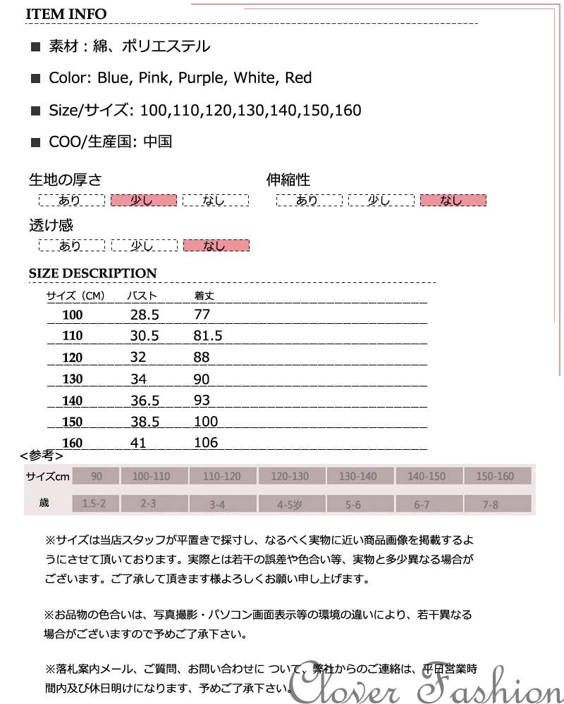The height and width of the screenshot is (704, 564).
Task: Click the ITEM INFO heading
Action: (68, 14)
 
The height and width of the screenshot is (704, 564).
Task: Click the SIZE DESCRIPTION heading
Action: (92, 273)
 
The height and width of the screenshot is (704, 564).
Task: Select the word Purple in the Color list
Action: (199, 78)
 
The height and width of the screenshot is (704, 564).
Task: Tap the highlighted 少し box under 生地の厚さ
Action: (143, 201)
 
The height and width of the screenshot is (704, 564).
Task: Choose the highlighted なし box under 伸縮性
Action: (453, 201)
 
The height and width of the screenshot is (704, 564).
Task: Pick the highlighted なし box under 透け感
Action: (216, 246)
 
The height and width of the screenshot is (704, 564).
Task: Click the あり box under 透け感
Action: (71, 246)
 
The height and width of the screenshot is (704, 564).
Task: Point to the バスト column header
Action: (142, 296)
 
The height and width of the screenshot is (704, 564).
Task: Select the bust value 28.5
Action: (145, 315)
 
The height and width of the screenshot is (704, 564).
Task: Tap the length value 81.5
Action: (207, 336)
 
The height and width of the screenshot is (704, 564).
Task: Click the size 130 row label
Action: (72, 379)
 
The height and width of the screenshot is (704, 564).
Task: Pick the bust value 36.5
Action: (145, 401)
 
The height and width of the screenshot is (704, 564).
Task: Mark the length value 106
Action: (205, 443)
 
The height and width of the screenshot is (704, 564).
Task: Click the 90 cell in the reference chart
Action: (97, 477)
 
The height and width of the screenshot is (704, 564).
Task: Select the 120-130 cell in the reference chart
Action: (290, 477)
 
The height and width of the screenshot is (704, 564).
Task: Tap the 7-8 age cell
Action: (491, 504)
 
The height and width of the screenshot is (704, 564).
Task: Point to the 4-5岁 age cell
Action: (290, 504)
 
